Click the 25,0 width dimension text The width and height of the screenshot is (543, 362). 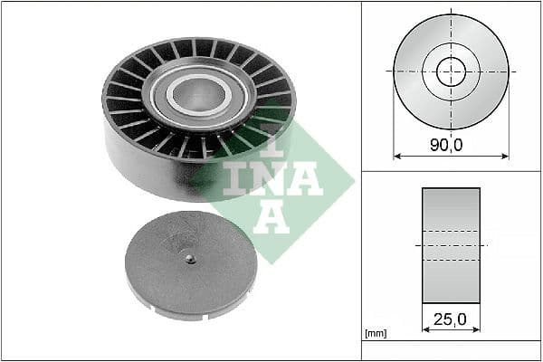[x=451, y=320]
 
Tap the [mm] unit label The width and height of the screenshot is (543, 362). [x=374, y=334]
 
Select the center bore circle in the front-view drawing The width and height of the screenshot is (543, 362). [x=451, y=71]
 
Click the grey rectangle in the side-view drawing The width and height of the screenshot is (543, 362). [x=451, y=244]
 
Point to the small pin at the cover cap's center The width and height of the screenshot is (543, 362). [x=189, y=259]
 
